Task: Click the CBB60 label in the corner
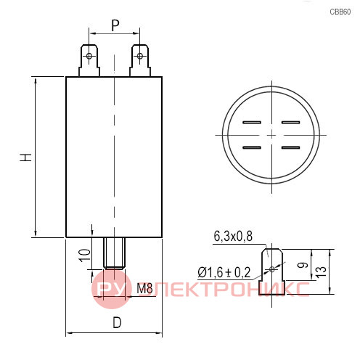pyautogui.click(x=340, y=12)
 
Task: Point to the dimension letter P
pyautogui.click(x=115, y=25)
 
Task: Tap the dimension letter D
pyautogui.click(x=117, y=322)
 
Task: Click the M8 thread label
pyautogui.click(x=144, y=288)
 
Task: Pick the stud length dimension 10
pyautogui.click(x=85, y=255)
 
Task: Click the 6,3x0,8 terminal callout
pyautogui.click(x=233, y=236)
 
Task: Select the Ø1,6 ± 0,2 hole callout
pyautogui.click(x=224, y=273)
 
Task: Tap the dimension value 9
pyautogui.click(x=303, y=265)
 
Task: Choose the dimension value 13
pyautogui.click(x=321, y=271)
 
